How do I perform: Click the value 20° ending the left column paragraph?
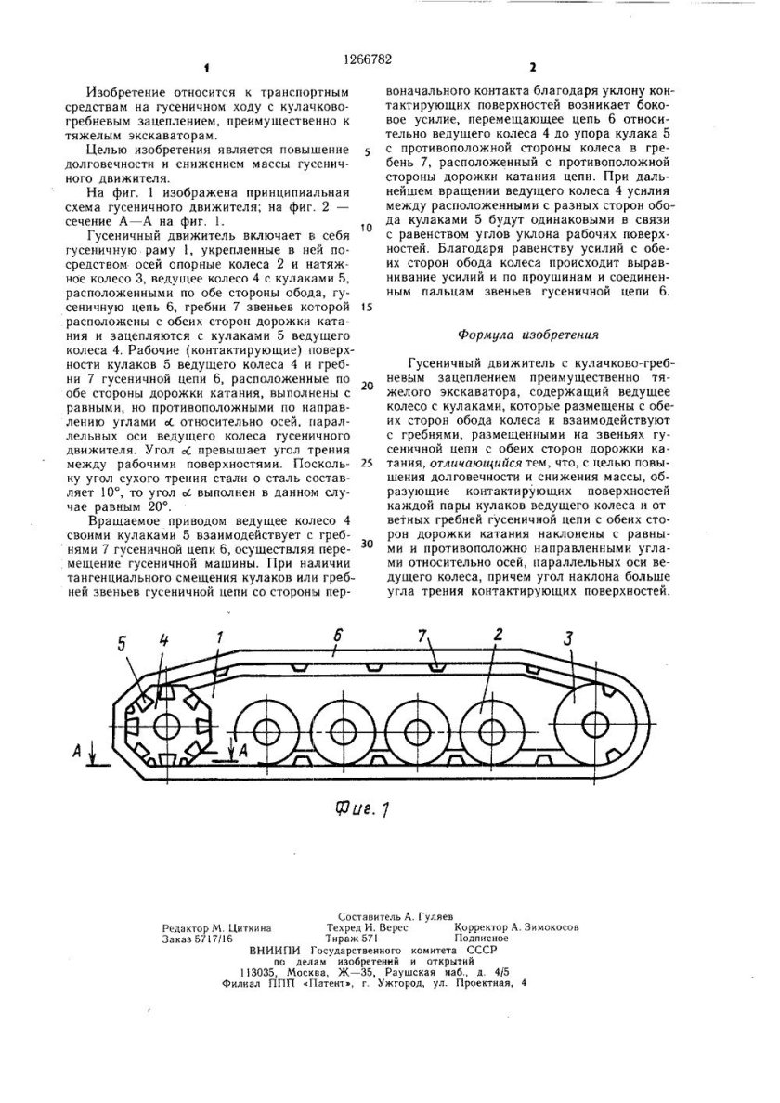pyautogui.click(x=156, y=506)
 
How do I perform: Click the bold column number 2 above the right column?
pyautogui.click(x=532, y=68)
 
